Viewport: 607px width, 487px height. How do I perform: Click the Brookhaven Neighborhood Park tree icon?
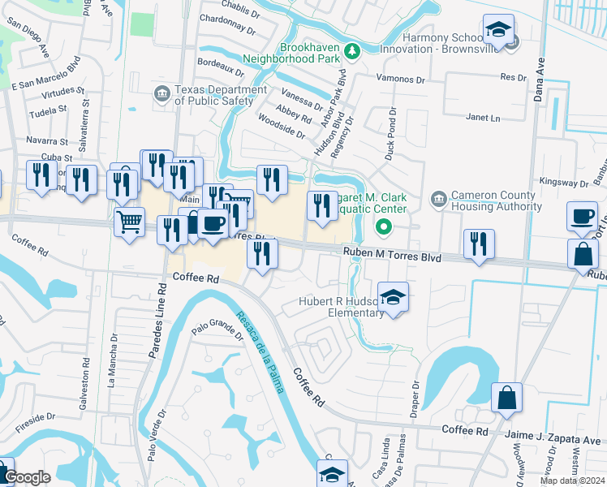[x=351, y=52]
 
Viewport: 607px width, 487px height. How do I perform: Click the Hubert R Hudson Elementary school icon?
[x=393, y=299]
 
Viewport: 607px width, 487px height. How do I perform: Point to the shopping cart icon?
[x=130, y=221]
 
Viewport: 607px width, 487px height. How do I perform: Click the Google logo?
[x=27, y=477]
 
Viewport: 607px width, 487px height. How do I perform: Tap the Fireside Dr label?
[x=34, y=418]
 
